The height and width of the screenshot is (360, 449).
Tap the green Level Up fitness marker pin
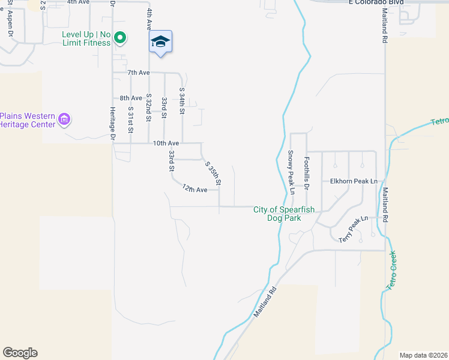(x=119, y=38)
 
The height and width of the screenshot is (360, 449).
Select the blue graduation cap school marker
(x=160, y=41)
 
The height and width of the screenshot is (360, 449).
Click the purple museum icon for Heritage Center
(x=64, y=119)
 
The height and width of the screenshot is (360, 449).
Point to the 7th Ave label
(x=137, y=73)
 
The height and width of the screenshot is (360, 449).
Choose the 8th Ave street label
(x=130, y=98)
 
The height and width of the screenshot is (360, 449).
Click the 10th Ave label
(x=166, y=143)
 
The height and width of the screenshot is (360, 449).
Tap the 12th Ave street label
(x=194, y=190)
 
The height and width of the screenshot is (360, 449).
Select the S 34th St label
(x=182, y=101)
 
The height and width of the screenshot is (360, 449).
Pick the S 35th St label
(x=213, y=173)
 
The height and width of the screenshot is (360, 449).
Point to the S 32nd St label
(x=148, y=106)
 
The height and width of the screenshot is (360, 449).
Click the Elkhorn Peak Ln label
(x=356, y=181)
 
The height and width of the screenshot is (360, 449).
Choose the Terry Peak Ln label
(x=353, y=230)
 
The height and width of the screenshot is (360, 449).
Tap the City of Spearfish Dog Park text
(x=285, y=214)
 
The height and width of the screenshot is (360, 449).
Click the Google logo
(x=20, y=353)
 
